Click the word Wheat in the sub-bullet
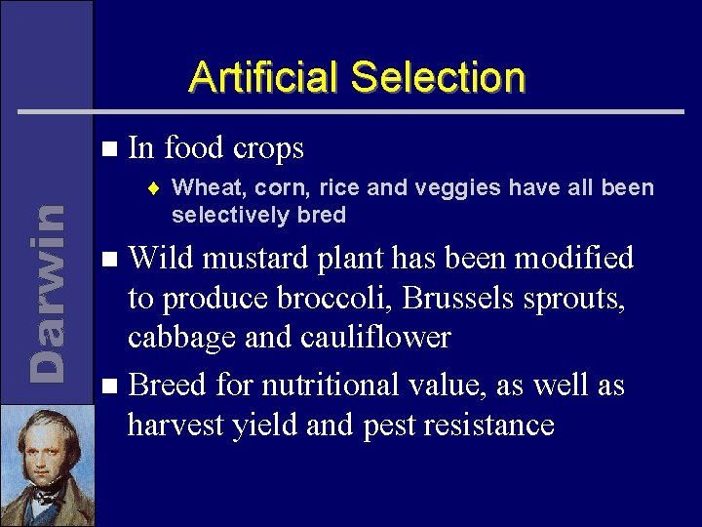point(208,187)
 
